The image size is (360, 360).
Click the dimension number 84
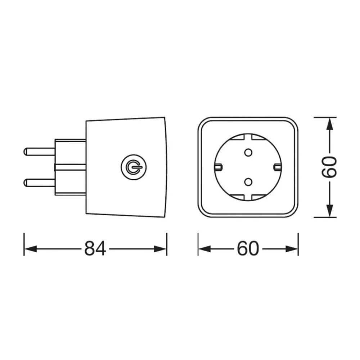(95, 248)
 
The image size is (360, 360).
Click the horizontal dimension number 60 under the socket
(248, 248)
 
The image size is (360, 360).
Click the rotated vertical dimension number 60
(329, 167)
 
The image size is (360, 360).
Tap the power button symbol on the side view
(131, 167)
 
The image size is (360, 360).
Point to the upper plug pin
(38, 150)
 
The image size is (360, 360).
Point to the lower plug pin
(38, 183)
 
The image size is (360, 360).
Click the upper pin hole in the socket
(248, 153)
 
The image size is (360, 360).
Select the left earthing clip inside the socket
(218, 167)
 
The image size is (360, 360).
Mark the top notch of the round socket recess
(248, 137)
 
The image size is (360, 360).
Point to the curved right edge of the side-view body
(166, 167)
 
